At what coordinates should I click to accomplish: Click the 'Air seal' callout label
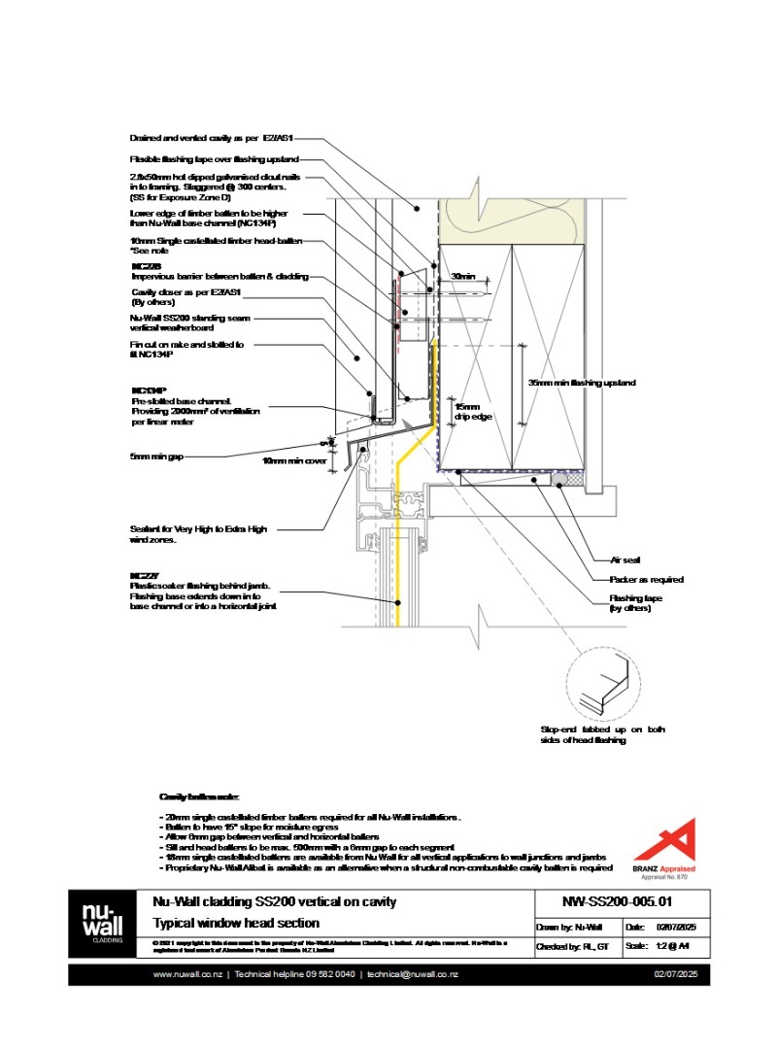624,560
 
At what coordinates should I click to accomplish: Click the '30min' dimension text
463,278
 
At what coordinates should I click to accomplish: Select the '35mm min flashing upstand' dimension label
582,383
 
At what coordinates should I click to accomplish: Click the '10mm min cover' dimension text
295,460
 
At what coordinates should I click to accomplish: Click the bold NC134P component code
148,389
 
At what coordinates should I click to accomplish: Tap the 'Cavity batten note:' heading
192,796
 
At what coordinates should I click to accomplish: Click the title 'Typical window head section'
237,923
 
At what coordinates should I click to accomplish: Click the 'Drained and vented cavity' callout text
224,138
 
